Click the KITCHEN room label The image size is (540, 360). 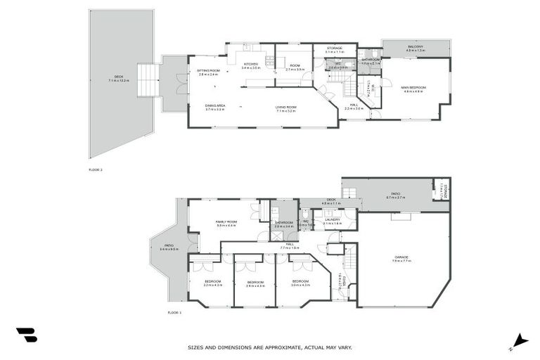point(251,65)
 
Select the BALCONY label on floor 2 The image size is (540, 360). point(415,46)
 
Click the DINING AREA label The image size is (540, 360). point(214,106)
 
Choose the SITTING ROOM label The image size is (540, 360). point(208,70)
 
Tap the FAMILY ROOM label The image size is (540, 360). point(226,221)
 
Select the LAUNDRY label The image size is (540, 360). point(332,219)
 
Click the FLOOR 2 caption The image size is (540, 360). point(95,169)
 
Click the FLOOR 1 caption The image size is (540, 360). point(174,312)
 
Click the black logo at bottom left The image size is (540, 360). point(26,335)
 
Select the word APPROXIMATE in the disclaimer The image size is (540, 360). point(280,347)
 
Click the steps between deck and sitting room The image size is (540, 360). point(148,80)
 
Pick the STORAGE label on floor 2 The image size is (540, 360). point(334,48)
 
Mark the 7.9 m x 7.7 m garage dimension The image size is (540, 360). point(401,262)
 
